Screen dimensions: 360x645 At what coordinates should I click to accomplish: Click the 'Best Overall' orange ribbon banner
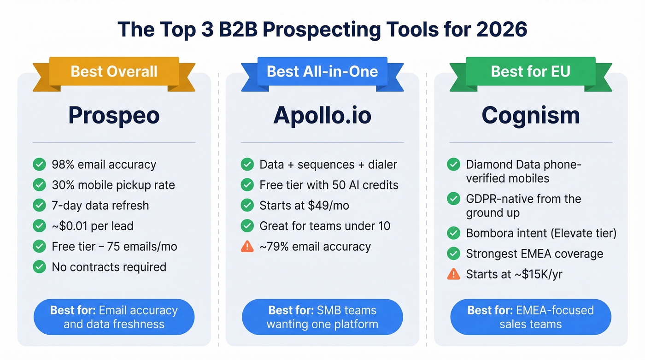(x=114, y=71)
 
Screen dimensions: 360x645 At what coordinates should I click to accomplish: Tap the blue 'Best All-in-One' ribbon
(x=322, y=71)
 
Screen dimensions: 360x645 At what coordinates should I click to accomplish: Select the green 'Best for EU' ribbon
(x=530, y=71)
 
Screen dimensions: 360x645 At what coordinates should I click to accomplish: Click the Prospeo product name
(x=114, y=115)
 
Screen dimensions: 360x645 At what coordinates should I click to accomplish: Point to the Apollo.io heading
(x=322, y=115)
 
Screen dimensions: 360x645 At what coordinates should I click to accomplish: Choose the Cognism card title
(x=530, y=115)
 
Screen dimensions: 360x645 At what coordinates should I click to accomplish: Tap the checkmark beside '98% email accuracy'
(x=40, y=165)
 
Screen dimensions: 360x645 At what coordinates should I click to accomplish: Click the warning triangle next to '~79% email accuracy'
(x=247, y=247)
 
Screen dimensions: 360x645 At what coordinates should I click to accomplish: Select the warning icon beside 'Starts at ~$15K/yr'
(x=454, y=274)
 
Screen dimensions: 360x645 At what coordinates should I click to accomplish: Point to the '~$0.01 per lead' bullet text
(x=93, y=226)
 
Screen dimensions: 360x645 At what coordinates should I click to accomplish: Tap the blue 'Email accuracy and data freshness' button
(x=114, y=317)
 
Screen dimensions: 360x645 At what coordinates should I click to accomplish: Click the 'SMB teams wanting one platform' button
(x=322, y=317)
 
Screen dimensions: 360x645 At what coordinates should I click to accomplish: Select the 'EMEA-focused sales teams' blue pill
(x=530, y=317)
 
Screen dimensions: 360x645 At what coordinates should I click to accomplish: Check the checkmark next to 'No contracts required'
(x=40, y=267)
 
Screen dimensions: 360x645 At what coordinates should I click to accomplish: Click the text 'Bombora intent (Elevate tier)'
(x=541, y=233)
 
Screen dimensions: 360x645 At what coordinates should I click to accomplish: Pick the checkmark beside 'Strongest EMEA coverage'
(x=454, y=254)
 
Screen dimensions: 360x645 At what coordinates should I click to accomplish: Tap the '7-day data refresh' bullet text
(x=100, y=206)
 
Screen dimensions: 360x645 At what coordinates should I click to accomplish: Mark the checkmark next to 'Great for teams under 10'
(x=247, y=226)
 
